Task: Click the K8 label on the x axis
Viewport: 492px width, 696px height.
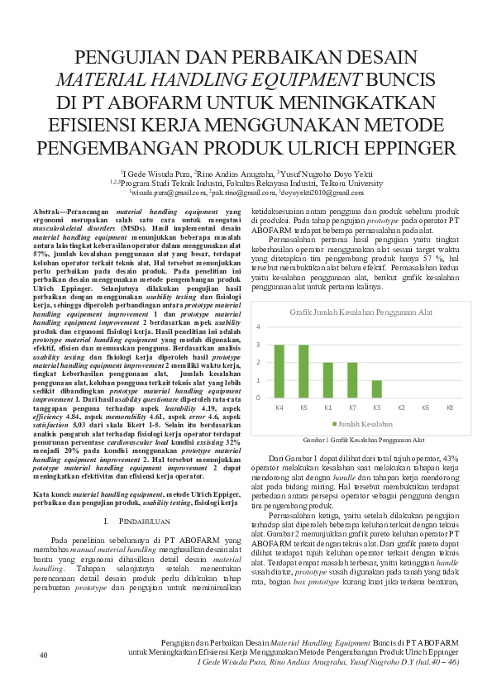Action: pos(450,408)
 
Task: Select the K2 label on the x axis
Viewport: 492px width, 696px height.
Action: pos(401,408)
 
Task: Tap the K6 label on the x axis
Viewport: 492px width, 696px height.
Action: pos(426,408)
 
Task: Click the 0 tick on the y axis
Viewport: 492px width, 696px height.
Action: pos(258,398)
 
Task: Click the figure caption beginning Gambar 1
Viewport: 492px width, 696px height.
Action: pos(364,441)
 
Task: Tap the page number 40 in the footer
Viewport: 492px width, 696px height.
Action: pos(44,655)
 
